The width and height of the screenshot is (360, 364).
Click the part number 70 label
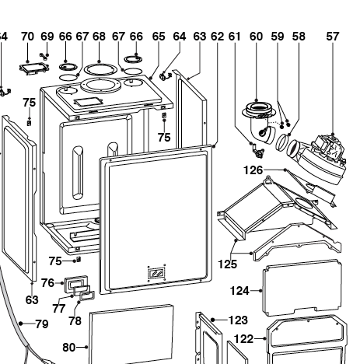tap(27, 37)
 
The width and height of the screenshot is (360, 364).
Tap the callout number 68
tap(100, 37)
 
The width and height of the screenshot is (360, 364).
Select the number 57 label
tap(333, 37)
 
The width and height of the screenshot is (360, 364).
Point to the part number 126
tap(253, 170)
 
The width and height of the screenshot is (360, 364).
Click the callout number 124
tap(239, 291)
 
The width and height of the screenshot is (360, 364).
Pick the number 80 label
tap(69, 348)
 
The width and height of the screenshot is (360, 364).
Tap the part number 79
tap(42, 324)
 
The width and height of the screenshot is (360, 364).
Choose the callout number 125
tap(228, 264)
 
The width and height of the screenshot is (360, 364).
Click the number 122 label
tap(243, 339)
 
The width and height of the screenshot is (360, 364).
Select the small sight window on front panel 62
tap(156, 272)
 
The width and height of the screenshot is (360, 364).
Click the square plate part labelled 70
tap(34, 68)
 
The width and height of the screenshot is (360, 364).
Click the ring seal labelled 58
tap(281, 143)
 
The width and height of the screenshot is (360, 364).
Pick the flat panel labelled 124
tap(302, 288)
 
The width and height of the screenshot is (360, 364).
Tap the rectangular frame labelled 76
tap(75, 283)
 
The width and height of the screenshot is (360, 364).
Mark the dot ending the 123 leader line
tap(213, 320)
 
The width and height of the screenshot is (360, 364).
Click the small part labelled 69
tap(44, 57)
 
